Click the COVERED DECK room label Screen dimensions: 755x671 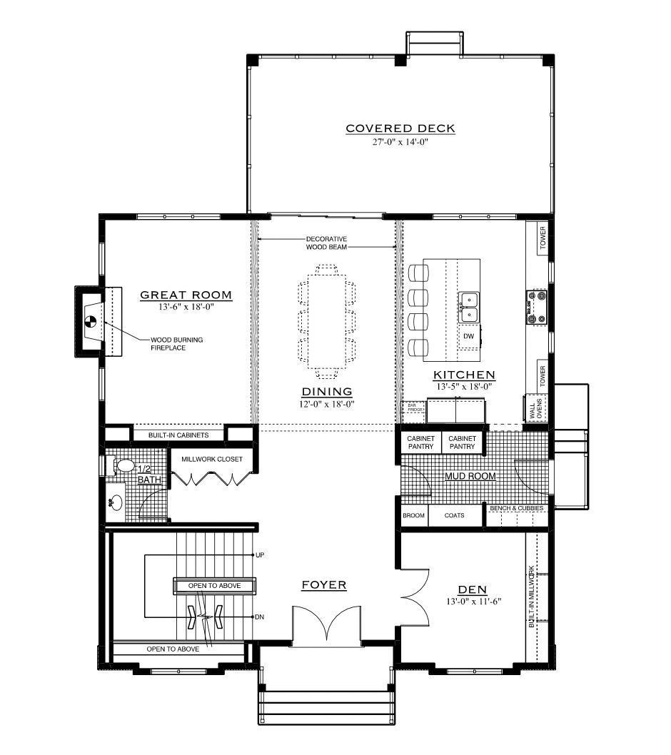click(400, 128)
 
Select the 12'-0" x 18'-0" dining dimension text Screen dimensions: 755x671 click(327, 404)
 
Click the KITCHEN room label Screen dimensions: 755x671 click(465, 375)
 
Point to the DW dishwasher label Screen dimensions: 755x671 click(468, 335)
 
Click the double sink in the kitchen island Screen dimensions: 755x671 click(468, 306)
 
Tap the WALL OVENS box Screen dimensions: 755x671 click(535, 408)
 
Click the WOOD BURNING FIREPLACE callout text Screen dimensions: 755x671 click(176, 344)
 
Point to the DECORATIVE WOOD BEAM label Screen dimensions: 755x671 click(326, 243)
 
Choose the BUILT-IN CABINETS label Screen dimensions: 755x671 click(178, 435)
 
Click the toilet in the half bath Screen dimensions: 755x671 click(123, 466)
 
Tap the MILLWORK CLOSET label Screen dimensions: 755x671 click(211, 459)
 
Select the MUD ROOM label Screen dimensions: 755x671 click(470, 476)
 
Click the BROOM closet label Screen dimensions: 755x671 click(414, 515)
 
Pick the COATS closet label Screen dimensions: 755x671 click(454, 515)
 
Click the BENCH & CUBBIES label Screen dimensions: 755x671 click(517, 509)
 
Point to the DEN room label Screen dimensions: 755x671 click(472, 589)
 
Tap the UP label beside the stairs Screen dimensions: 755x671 click(260, 554)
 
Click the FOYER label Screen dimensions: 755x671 click(323, 585)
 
